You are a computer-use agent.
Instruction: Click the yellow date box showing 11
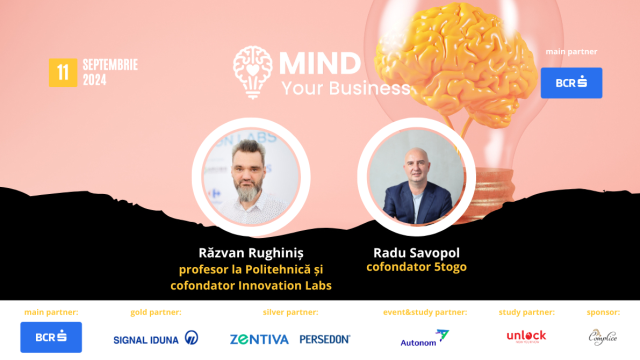63,72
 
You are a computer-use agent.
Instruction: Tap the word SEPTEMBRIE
110,65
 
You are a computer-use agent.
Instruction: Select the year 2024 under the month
94,80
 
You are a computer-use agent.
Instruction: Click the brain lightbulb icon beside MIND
253,71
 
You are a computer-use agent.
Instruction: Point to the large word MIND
320,63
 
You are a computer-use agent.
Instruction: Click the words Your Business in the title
345,88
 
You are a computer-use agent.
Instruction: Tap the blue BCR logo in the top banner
571,83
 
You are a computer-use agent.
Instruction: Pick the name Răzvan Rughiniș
251,252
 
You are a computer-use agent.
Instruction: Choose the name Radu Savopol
416,252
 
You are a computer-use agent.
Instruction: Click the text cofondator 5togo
416,267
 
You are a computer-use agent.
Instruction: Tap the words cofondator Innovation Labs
251,285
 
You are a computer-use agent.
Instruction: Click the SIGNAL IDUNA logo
155,338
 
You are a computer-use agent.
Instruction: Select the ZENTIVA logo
259,339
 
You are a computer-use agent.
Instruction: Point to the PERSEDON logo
325,339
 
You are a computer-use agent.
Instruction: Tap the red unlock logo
526,336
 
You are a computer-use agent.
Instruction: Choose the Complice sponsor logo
602,337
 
